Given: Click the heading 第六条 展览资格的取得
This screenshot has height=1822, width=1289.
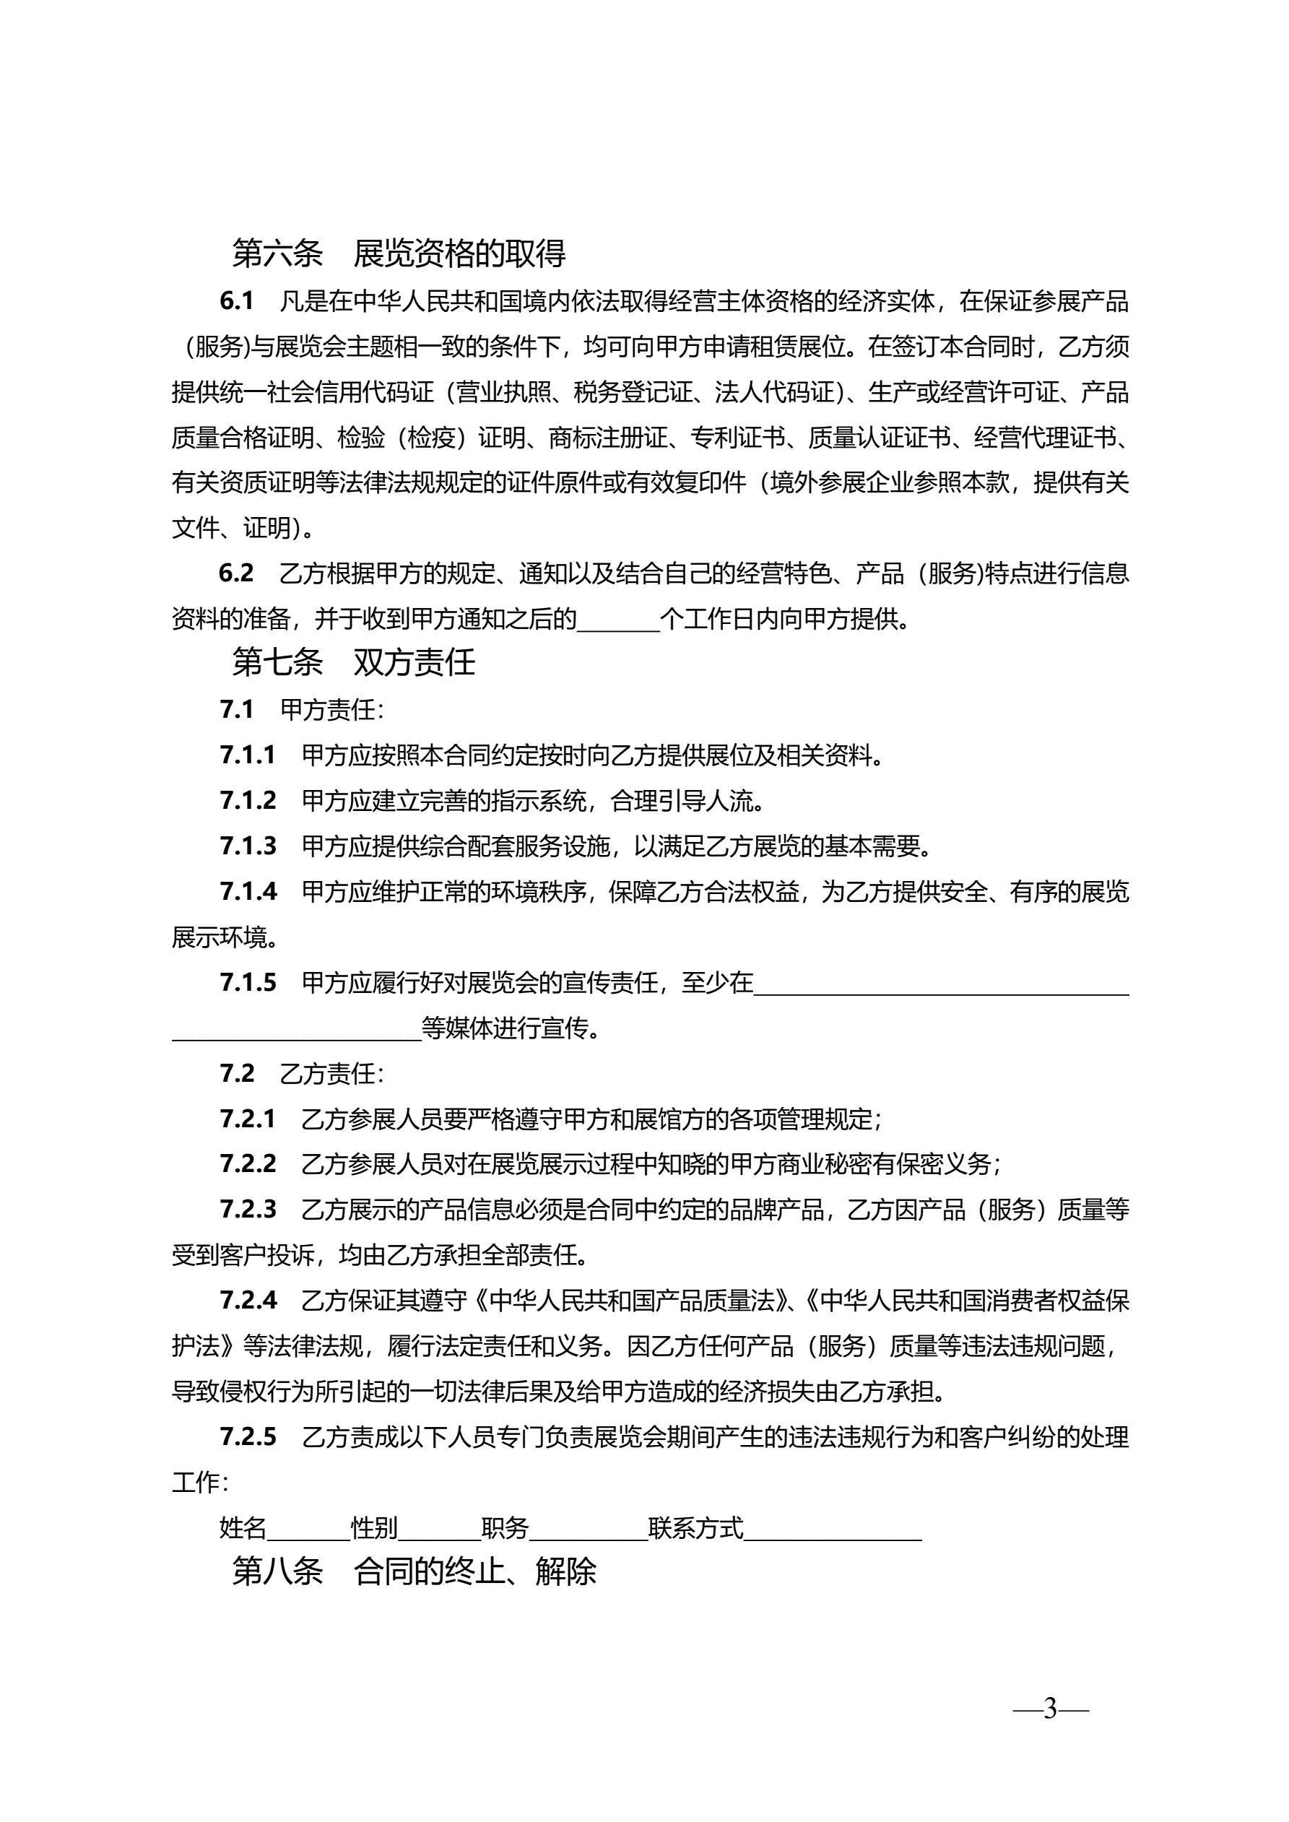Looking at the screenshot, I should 399,253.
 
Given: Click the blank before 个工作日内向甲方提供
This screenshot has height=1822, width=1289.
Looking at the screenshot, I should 618,619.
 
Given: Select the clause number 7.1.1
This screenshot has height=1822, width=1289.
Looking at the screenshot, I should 248,755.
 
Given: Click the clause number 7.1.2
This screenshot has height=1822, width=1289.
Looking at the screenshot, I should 248,801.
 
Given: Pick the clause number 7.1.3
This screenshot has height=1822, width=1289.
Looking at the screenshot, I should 248,846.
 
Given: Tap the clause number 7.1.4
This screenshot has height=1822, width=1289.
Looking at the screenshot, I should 248,892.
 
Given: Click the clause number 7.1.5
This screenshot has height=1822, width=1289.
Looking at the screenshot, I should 248,983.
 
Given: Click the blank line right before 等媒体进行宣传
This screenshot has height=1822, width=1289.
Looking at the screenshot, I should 296,1029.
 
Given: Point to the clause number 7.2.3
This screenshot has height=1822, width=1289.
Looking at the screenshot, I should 248,1210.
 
